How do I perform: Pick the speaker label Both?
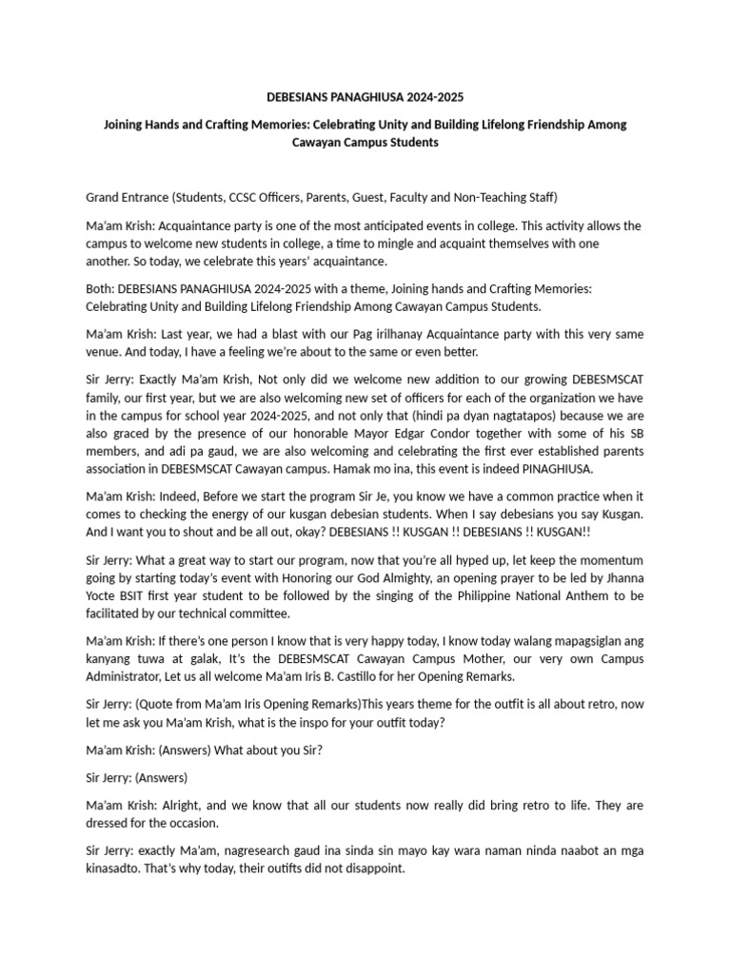click(102, 289)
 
